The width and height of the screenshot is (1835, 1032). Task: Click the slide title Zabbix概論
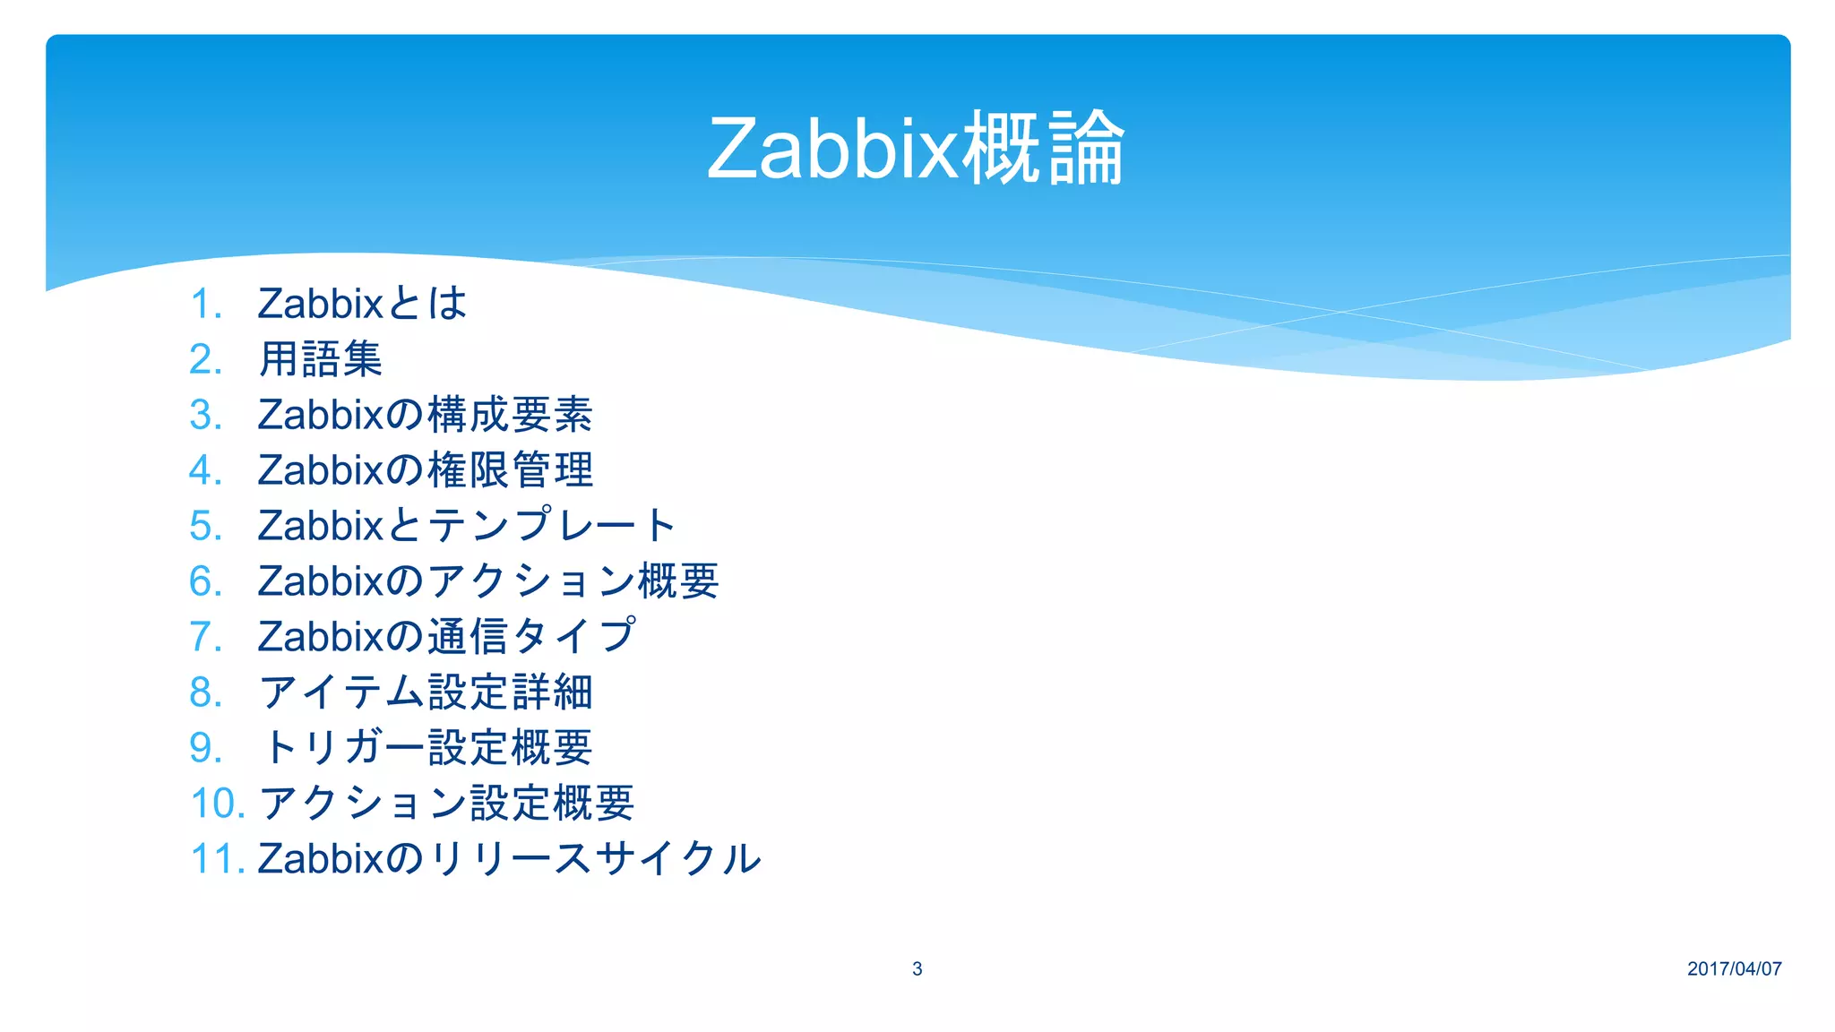point(915,149)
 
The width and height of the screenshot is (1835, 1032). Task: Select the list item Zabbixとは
point(362,304)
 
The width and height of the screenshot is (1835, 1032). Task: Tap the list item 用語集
point(321,359)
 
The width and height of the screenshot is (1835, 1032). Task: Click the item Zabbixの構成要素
point(425,415)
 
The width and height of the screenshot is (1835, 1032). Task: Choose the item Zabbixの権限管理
point(425,470)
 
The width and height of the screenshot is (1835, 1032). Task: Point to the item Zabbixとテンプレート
point(466,526)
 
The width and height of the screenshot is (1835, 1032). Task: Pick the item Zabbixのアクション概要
point(487,581)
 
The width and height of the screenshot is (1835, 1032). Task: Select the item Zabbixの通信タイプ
point(446,637)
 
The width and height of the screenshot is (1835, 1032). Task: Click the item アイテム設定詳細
point(426,692)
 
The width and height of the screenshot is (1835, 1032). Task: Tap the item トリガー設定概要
point(426,748)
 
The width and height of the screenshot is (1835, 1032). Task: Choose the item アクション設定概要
point(446,804)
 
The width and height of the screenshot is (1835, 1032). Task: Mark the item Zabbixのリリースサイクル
point(509,859)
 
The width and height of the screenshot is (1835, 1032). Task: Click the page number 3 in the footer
point(917,968)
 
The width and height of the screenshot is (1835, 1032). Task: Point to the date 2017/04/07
point(1734,968)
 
